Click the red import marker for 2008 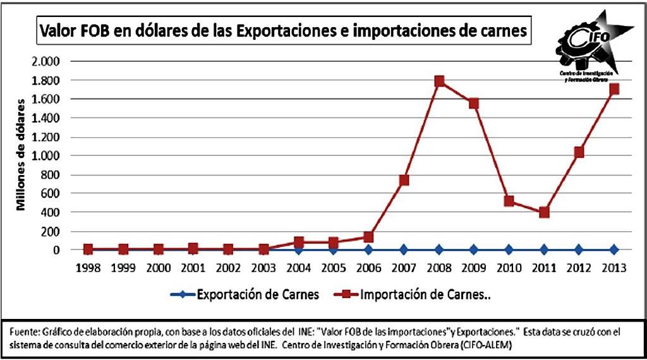click(439, 81)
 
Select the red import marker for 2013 click(614, 89)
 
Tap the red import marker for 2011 click(543, 212)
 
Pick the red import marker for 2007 click(404, 180)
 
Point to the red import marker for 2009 click(474, 104)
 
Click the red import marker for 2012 click(579, 152)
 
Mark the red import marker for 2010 click(509, 201)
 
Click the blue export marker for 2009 click(474, 249)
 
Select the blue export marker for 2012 click(579, 249)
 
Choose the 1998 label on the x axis click(88, 267)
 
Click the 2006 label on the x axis click(368, 267)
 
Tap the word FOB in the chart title click(94, 32)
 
